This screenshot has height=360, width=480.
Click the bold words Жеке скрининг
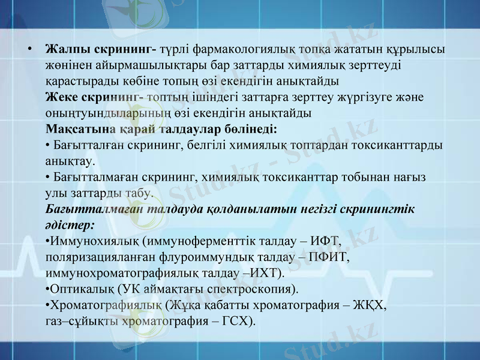click(92, 97)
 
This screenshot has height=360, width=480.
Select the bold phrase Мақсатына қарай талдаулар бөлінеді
click(161, 128)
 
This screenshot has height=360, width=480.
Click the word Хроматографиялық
click(106, 305)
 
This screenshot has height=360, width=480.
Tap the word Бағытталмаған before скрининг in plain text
click(100, 177)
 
